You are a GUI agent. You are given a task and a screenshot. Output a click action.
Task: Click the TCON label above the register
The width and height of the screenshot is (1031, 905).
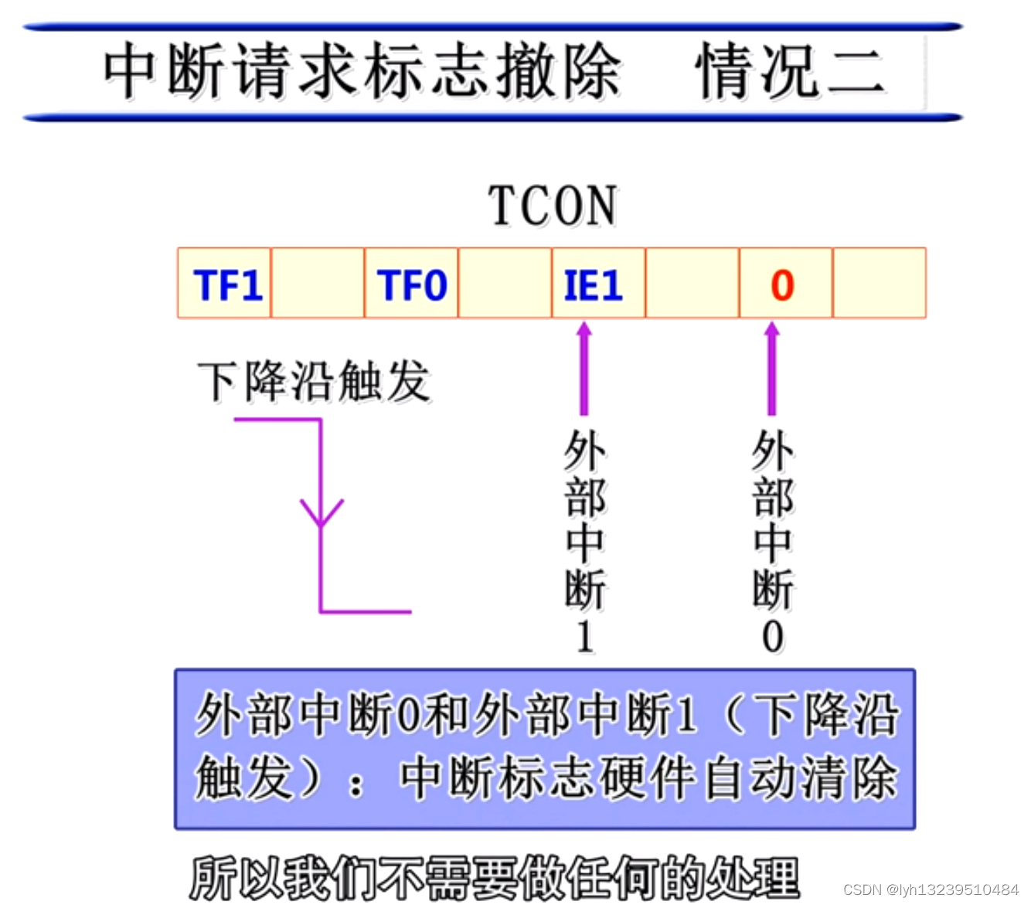(553, 206)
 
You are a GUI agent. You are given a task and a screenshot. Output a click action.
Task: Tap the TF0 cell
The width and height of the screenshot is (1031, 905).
(411, 284)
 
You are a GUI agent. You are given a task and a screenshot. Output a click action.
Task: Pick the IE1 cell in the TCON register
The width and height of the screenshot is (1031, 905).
(594, 284)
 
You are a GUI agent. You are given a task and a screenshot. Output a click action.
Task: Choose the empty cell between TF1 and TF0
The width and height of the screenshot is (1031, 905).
(318, 284)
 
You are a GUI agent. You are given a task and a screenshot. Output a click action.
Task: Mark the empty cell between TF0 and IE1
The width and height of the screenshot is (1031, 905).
(505, 284)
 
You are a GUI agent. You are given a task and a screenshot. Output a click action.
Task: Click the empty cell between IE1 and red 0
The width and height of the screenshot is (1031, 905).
(692, 284)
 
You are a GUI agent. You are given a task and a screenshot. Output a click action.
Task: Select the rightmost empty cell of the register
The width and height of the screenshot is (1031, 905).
(879, 284)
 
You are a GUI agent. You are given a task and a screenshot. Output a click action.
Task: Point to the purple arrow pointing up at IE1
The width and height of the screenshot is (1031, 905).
(584, 369)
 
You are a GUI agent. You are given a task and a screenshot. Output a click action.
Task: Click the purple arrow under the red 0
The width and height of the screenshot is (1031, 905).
(771, 369)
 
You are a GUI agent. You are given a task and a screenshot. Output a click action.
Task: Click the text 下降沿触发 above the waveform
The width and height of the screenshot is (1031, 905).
(314, 381)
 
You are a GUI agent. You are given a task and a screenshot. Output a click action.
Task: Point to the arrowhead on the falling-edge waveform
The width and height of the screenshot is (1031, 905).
(322, 513)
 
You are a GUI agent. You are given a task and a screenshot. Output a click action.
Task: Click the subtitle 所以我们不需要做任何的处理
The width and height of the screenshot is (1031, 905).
(495, 878)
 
